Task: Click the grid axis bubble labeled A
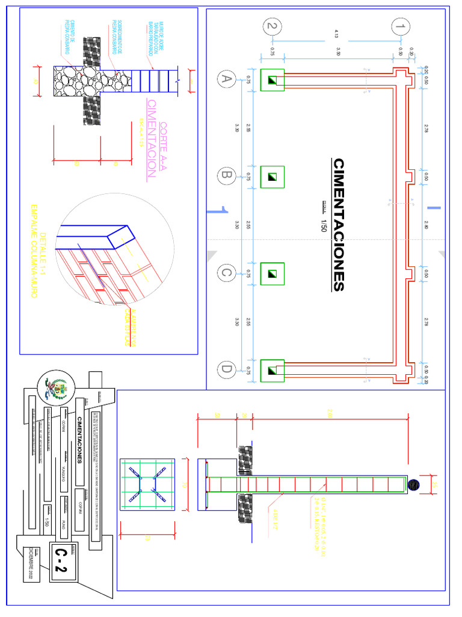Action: (226, 79)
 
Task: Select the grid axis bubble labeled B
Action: (226, 176)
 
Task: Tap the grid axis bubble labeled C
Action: (226, 273)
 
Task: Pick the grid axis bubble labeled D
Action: (226, 369)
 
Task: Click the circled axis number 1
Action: (401, 27)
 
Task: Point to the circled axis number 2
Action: (273, 27)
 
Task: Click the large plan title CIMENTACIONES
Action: (339, 225)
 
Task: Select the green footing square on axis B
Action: (272, 176)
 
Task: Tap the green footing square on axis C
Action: (272, 273)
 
